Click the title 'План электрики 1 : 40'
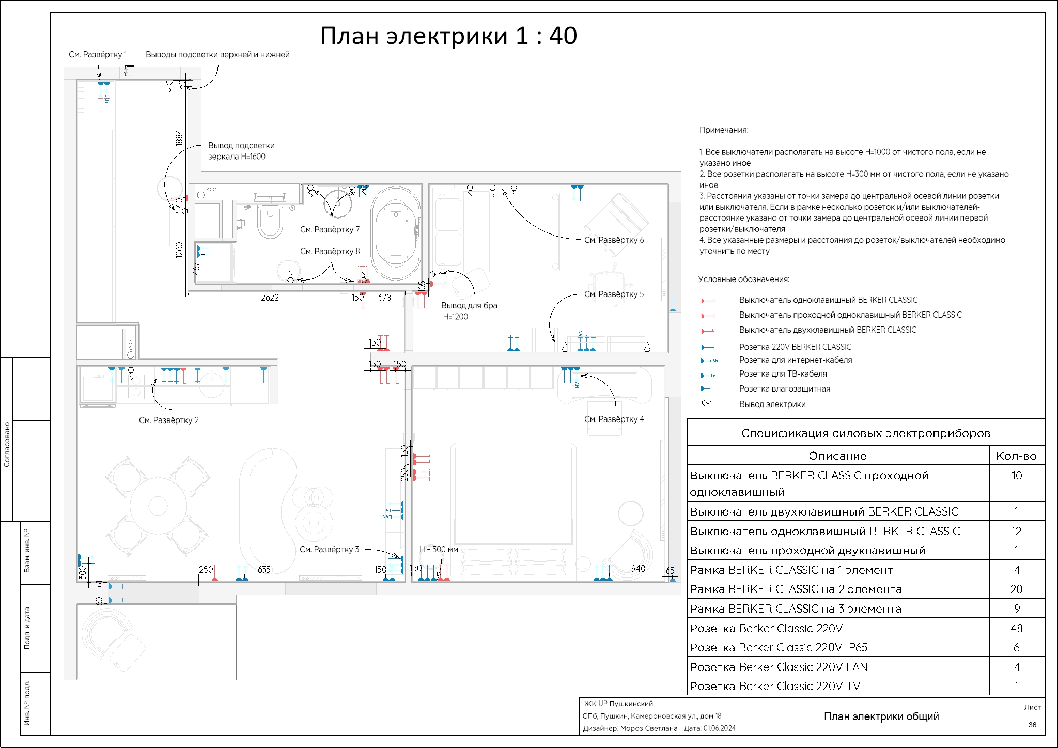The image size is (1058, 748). [x=448, y=36]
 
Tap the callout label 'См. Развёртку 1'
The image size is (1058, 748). [x=98, y=55]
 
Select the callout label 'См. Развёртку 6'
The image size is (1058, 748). [x=614, y=240]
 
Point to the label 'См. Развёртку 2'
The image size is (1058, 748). [x=168, y=420]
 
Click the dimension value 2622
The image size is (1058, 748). [x=270, y=298]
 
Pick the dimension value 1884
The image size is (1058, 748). [x=179, y=138]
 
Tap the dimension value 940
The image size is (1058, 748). [x=638, y=569]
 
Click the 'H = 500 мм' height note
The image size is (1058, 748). [x=439, y=550]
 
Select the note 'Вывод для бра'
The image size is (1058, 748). [x=469, y=306]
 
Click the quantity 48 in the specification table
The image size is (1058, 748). [x=1016, y=628]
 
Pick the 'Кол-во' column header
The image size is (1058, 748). [x=1016, y=456]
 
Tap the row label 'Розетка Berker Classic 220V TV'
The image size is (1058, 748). [x=775, y=687]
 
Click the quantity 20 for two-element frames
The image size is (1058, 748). [x=1016, y=589]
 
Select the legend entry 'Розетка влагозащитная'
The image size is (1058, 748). [x=785, y=389]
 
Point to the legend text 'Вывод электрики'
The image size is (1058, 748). [x=772, y=404]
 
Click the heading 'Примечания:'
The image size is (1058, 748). [x=724, y=130]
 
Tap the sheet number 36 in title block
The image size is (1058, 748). [x=1032, y=725]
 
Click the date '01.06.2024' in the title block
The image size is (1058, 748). [x=720, y=728]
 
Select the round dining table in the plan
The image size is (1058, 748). [x=158, y=505]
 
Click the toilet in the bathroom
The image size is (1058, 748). [x=270, y=222]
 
